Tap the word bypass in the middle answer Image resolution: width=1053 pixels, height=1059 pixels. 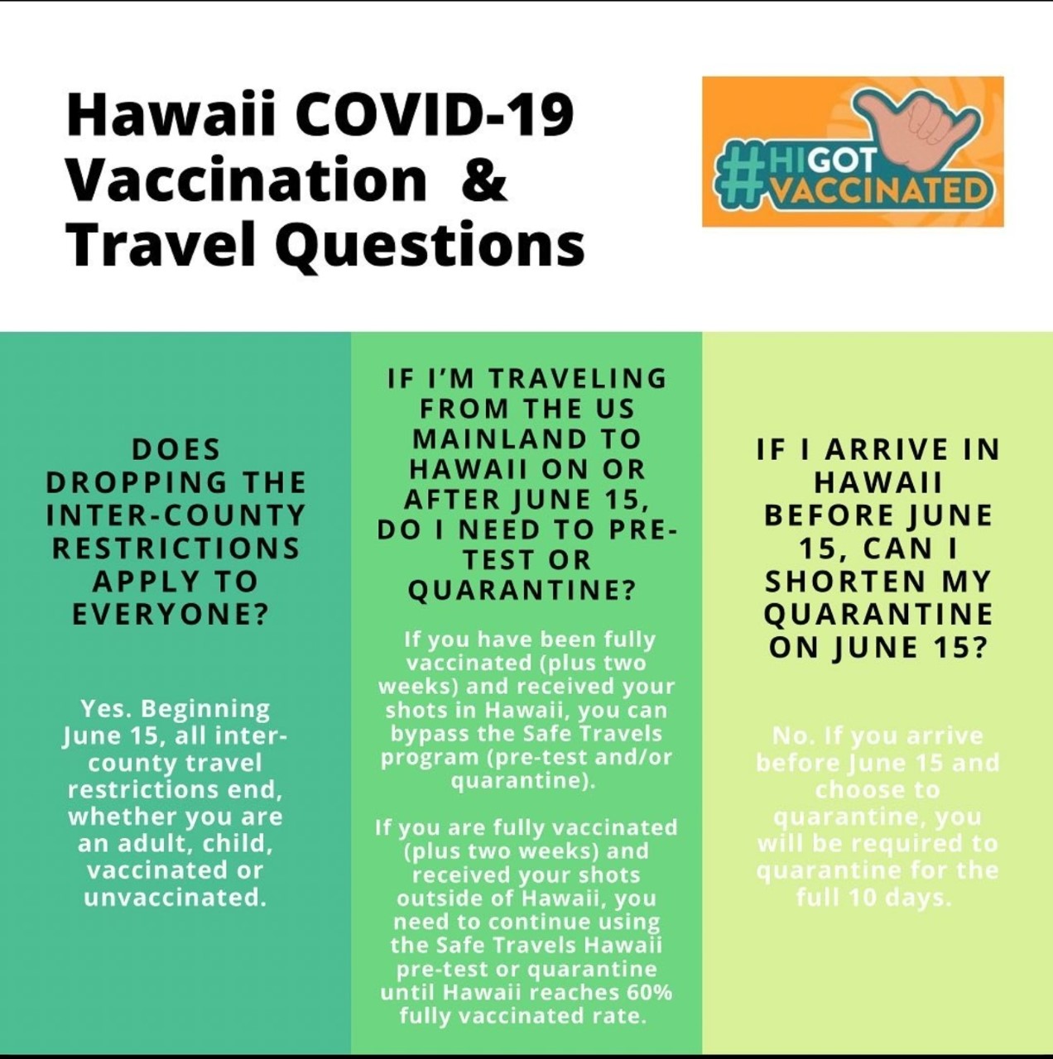pos(425,734)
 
